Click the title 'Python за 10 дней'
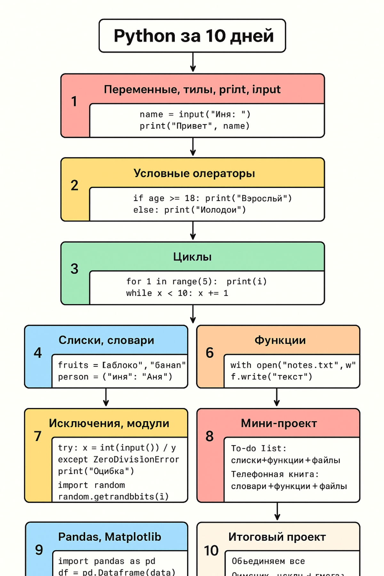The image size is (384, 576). point(193,36)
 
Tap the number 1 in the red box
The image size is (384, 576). point(74,101)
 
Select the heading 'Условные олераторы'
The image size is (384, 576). point(194,173)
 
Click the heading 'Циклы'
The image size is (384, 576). point(192,257)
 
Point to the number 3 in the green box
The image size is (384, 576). point(74,269)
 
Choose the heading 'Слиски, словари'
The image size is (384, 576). point(106,340)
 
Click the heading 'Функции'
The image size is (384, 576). point(280,340)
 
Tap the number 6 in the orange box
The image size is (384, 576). point(210,353)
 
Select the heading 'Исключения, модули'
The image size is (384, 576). point(109,423)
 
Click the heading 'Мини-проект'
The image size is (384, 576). point(279,423)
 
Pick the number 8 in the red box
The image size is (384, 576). point(210,436)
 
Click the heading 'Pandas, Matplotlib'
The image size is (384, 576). point(109,537)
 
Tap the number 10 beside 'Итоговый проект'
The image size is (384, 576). point(211,551)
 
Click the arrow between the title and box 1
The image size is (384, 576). point(193,62)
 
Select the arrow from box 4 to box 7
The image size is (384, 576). point(106,398)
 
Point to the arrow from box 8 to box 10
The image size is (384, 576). point(277,511)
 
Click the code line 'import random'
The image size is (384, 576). point(91,485)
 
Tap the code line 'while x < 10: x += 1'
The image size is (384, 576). point(177,293)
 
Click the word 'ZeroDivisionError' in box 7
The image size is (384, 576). point(136,460)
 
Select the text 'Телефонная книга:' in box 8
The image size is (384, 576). point(275,474)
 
